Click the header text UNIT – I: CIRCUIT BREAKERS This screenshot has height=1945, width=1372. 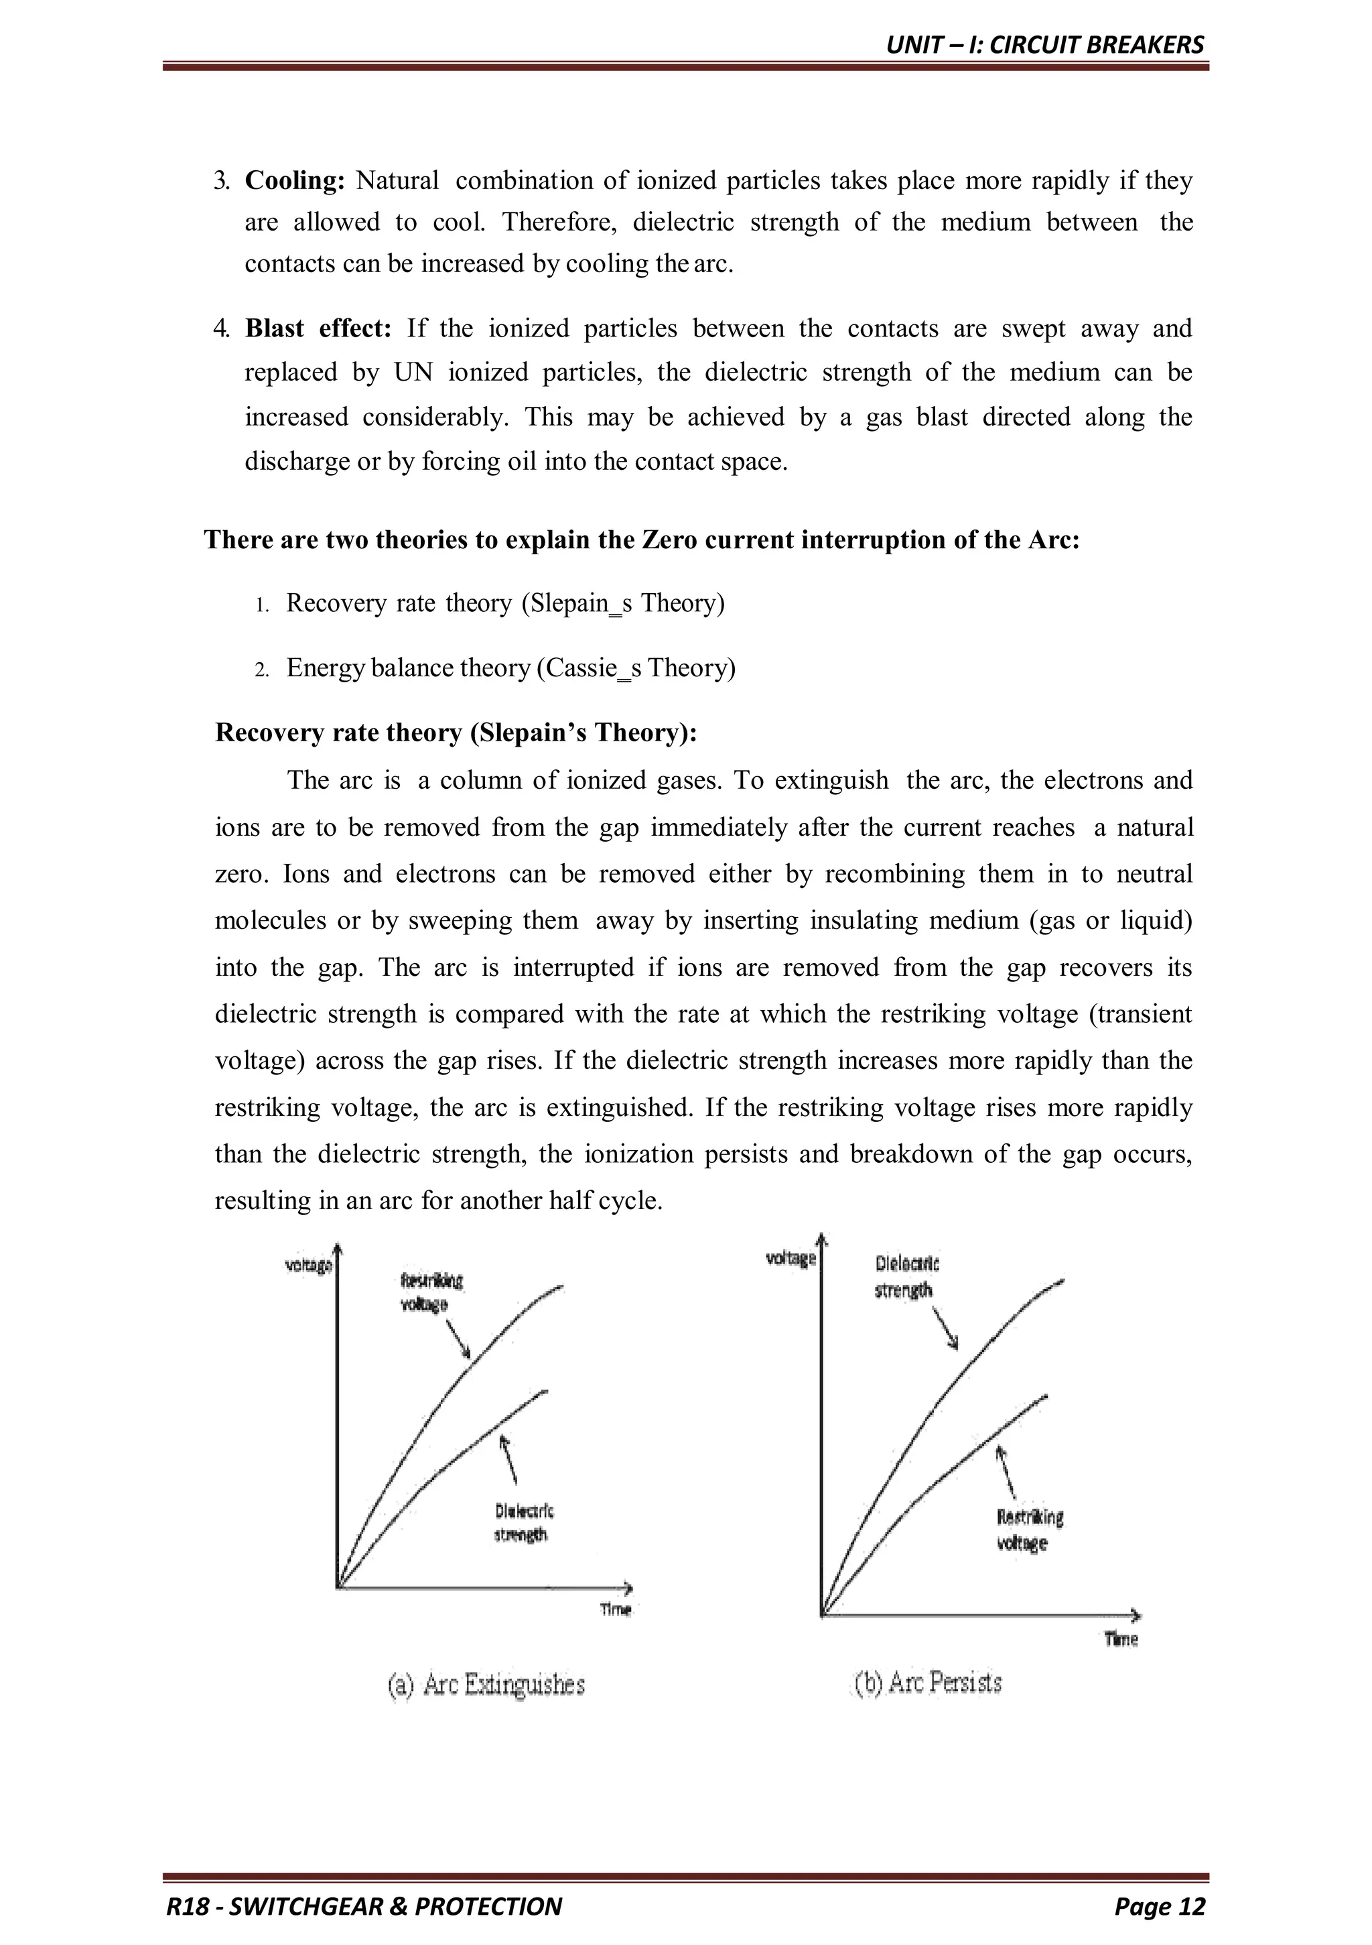click(x=1044, y=45)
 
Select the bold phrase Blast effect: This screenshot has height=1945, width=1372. click(x=318, y=328)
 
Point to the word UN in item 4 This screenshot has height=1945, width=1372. click(x=413, y=373)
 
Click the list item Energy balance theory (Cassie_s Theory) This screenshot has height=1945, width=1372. click(x=510, y=668)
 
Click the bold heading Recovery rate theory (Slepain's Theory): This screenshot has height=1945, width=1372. click(x=456, y=732)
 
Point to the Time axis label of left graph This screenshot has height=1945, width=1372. click(x=616, y=1609)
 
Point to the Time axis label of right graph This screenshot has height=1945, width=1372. click(x=1121, y=1639)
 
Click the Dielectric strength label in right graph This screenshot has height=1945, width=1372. click(x=905, y=1277)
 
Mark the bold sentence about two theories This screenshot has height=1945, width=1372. click(x=642, y=540)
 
